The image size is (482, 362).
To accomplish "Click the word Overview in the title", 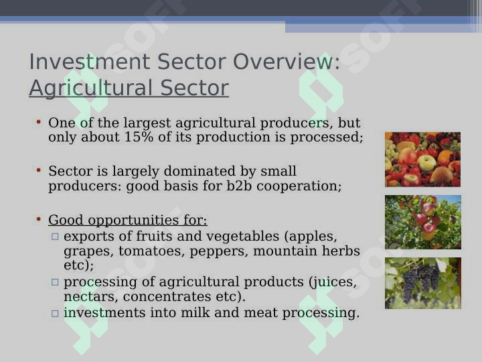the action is pos(287,62).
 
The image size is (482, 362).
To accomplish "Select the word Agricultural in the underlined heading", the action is pos(90,88).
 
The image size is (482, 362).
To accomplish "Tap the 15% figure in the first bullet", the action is pos(139,137).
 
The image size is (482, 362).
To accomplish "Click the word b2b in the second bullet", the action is pos(239,186).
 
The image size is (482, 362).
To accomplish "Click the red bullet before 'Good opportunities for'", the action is pos(38,219).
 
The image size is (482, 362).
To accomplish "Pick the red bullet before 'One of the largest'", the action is pos(38,122).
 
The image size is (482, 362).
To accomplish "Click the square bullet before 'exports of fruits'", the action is pos(55,237).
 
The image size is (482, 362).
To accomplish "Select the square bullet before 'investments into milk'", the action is pos(55,313).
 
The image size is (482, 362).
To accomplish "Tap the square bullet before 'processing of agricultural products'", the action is pos(55,282).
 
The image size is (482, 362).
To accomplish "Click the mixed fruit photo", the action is pos(422,160).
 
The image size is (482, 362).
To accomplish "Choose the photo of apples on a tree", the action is pos(423,222).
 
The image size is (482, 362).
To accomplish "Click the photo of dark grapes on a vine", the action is pos(423,283).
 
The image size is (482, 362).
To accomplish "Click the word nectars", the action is pos(91,297).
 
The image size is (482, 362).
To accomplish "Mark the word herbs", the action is pos(341,251).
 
